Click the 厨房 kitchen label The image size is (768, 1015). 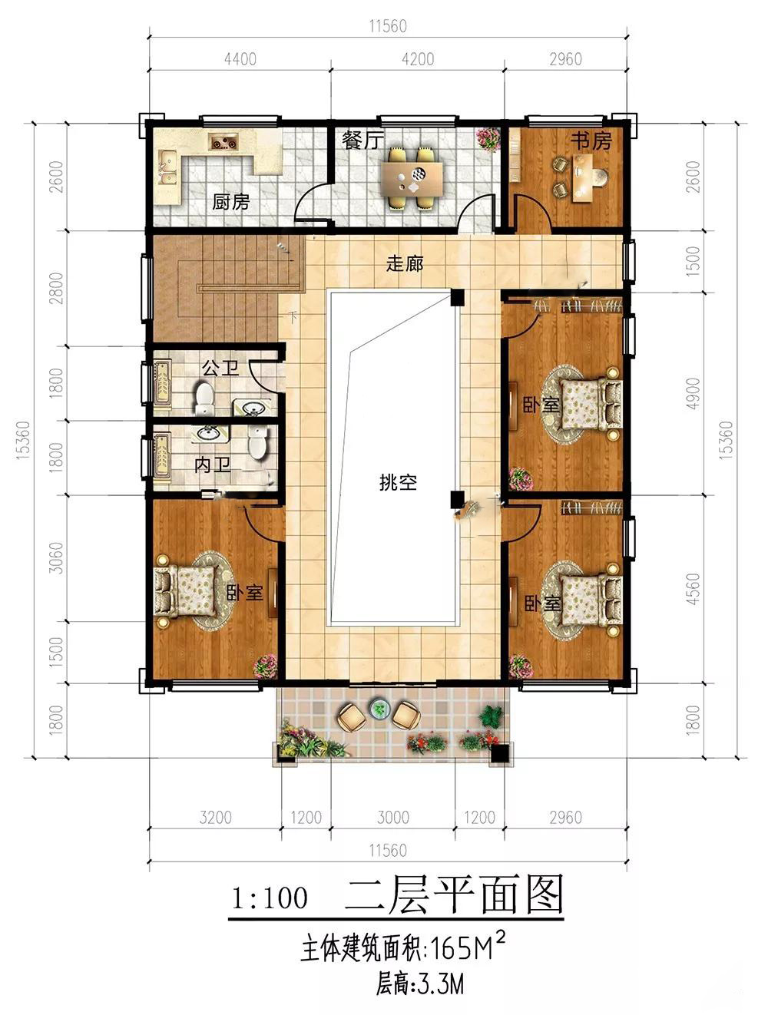(230, 202)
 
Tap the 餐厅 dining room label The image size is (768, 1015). (363, 140)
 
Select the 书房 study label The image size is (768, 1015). (591, 141)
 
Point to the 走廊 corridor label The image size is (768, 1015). (405, 264)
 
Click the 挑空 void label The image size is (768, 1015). (398, 483)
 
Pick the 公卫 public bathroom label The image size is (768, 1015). (220, 368)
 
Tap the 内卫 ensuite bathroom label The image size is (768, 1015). (212, 465)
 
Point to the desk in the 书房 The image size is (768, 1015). (583, 178)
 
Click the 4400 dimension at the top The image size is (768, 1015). (240, 59)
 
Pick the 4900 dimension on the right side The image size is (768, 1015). (693, 393)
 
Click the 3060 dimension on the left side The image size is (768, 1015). (56, 558)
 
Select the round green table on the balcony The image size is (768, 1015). (379, 709)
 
